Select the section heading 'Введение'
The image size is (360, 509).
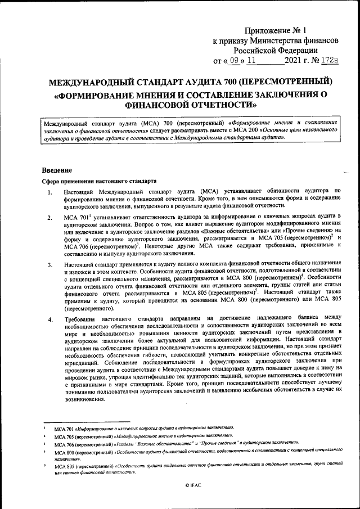[57, 170]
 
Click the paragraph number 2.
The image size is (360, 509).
[50, 218]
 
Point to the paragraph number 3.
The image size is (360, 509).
[50, 265]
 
